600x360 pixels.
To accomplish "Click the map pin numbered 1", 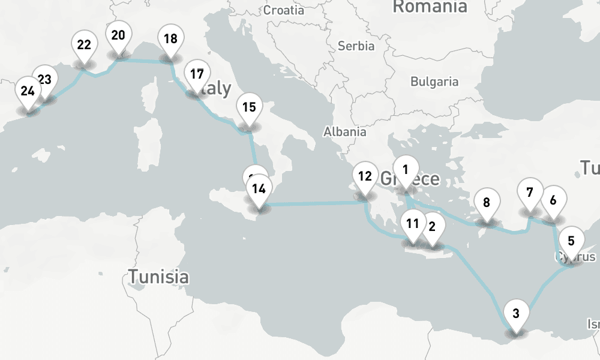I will (406, 170).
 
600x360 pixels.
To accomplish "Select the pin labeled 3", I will (516, 313).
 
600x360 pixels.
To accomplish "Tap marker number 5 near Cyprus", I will (571, 241).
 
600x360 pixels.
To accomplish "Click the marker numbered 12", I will (364, 177).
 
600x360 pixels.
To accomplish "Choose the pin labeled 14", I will (259, 190).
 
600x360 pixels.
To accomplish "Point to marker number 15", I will (249, 108).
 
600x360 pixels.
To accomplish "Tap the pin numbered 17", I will (196, 75).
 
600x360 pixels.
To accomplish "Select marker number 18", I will (170, 40).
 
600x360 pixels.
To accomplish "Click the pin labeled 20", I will (118, 35).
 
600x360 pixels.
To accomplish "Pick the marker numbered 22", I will (84, 45).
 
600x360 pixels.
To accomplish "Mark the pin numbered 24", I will (28, 92).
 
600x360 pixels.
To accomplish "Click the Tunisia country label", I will (158, 277).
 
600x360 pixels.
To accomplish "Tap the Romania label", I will (430, 7).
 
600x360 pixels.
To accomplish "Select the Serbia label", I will (356, 46).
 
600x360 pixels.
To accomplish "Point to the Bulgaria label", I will (434, 82).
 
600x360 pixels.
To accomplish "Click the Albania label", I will (344, 132).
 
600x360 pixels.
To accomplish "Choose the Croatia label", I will (284, 10).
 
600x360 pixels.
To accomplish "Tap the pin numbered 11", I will (412, 224).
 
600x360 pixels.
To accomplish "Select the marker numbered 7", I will (529, 193).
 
